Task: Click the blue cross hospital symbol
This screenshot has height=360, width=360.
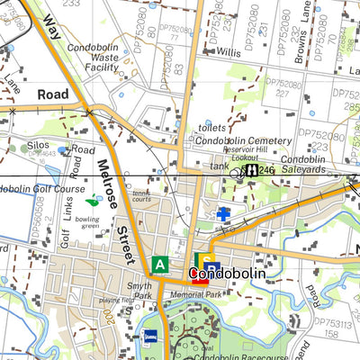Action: (x=223, y=213)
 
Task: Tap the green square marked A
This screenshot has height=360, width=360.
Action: (x=160, y=265)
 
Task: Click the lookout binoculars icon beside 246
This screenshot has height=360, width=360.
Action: (x=255, y=169)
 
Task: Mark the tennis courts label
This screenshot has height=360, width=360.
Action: (x=142, y=195)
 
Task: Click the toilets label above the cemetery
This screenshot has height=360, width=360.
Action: (x=212, y=129)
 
